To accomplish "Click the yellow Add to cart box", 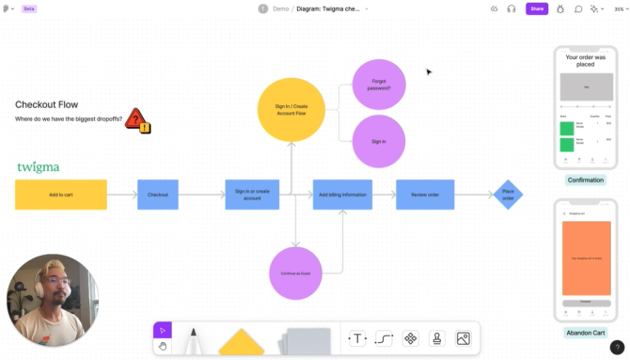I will [61, 195].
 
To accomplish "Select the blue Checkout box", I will [158, 195].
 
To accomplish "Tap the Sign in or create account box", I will [252, 195].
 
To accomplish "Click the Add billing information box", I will [342, 195].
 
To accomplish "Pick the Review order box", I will [425, 195].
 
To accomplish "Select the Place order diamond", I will [508, 195].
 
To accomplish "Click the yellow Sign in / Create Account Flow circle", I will [291, 109].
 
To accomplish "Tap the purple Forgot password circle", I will [379, 85].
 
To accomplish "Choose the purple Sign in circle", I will [379, 141].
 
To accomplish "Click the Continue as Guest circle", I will [295, 273].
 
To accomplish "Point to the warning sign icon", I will [137, 119].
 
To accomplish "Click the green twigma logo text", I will [38, 167].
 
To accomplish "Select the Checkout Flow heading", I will [46, 104].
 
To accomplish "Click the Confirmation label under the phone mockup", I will [586, 180].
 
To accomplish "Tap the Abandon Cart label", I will [585, 333].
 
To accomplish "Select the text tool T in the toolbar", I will [357, 338].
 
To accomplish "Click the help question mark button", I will [617, 348].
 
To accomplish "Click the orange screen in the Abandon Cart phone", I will [585, 258].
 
